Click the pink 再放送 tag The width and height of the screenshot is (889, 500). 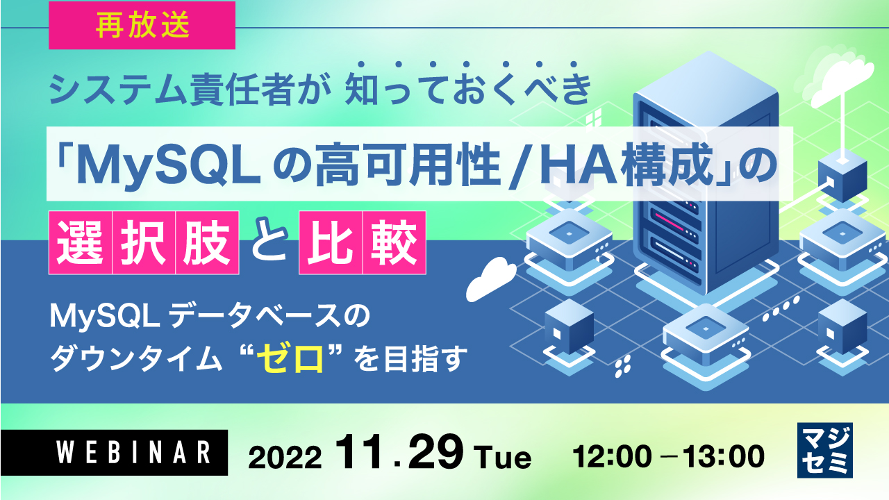click(142, 26)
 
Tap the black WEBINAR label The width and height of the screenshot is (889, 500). click(114, 452)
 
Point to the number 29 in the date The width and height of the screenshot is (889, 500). click(435, 454)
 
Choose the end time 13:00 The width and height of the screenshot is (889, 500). click(725, 456)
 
